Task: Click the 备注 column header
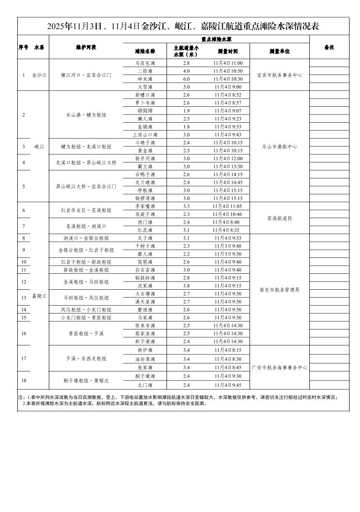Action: pos(329,47)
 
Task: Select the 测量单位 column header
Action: pos(280,51)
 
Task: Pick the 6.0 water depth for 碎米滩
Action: pos(186,79)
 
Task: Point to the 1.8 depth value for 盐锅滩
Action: pos(186,127)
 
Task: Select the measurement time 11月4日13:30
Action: pos(227,167)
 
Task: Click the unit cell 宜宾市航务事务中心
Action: pos(280,75)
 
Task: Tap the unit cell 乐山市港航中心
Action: pos(280,146)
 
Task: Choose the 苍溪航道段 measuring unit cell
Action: pos(280,218)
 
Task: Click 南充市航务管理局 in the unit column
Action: pos(280,290)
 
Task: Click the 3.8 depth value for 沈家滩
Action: pos(186,286)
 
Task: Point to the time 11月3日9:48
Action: pos(227,246)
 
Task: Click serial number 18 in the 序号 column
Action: pos(23,380)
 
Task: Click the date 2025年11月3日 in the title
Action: pos(73,26)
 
